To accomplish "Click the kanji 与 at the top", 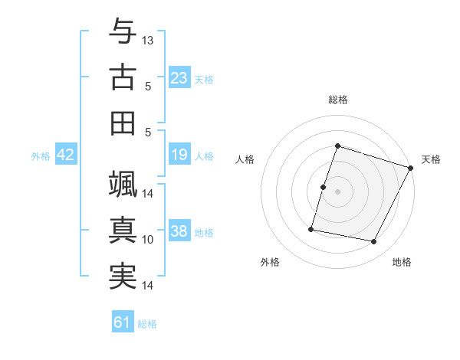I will [123, 32].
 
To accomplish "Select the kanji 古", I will [123, 77].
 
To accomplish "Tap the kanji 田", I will [123, 123].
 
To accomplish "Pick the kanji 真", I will [123, 230].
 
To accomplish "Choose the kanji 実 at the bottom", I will [123, 276].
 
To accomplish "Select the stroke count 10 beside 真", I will [149, 240].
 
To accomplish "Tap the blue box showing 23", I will [179, 78].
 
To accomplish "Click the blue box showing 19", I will [179, 155].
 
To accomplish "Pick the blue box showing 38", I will [179, 232].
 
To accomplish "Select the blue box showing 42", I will [66, 155].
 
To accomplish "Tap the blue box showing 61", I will [123, 322].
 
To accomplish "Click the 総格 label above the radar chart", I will [337, 100].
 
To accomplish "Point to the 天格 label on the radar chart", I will [431, 159].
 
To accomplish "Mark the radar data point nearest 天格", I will [411, 168].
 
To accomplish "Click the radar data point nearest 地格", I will [374, 242].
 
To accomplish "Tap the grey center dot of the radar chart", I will [337, 191].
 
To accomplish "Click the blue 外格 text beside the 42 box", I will [41, 156].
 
